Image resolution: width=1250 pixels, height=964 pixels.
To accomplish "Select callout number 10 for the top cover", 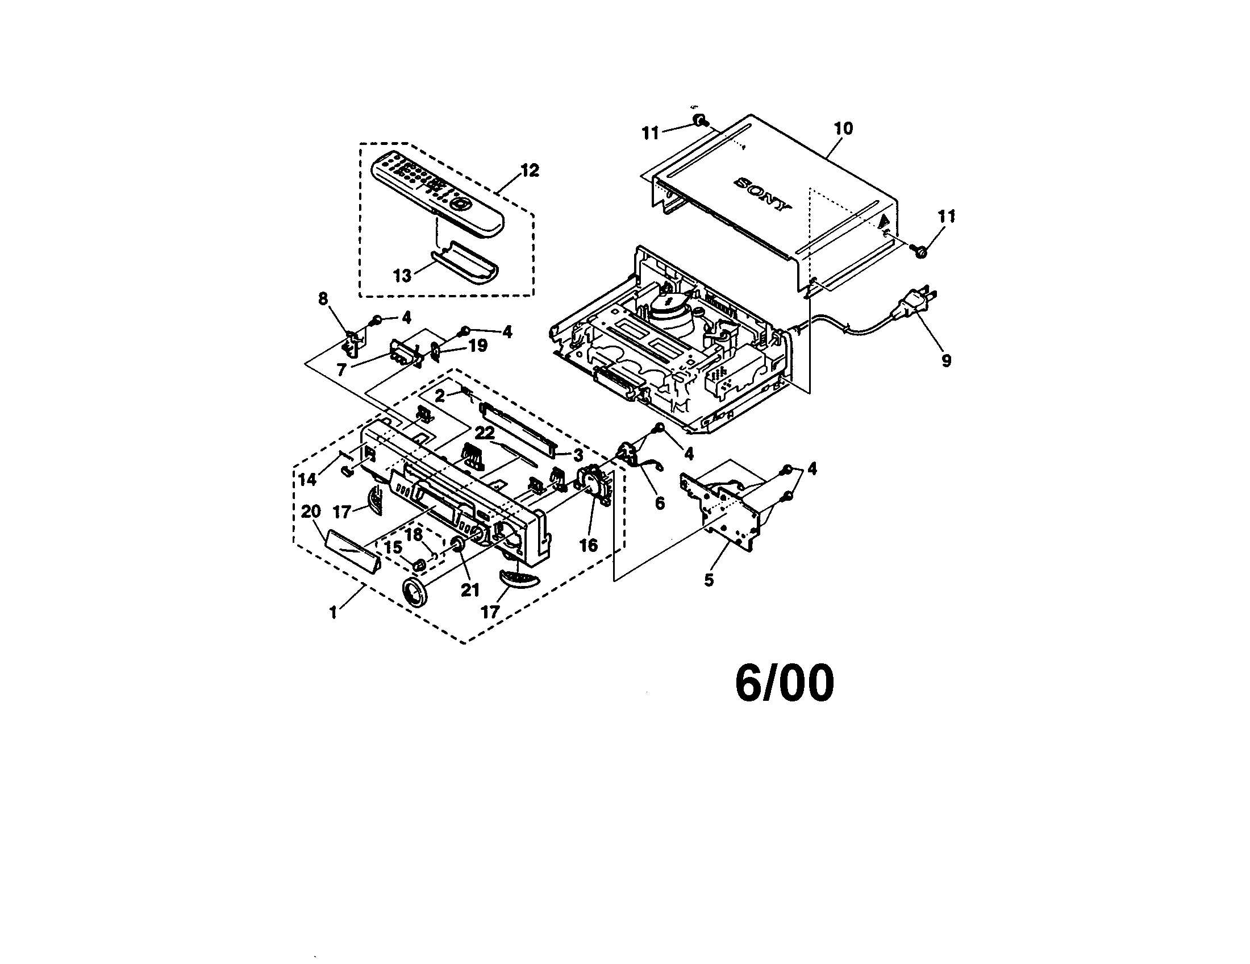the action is [843, 128].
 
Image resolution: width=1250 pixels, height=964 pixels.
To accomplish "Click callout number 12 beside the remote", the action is [530, 170].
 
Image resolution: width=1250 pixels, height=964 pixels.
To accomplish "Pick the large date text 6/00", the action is [785, 684].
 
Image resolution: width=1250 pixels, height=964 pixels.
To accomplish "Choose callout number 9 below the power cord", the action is [946, 360].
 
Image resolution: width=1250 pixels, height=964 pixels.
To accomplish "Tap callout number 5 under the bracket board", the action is [709, 580].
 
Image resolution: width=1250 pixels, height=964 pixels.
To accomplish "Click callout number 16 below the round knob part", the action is [589, 546].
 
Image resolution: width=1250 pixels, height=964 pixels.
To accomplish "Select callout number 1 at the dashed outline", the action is [333, 612].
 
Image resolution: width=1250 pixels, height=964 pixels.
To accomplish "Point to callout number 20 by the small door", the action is [311, 511].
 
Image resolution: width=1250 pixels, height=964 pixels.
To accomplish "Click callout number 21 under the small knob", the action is [470, 589].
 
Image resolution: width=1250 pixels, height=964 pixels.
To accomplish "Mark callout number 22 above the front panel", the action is [485, 432].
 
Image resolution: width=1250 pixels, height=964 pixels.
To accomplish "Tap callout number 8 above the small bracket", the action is [323, 298].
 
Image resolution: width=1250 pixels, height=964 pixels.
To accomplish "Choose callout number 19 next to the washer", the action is [478, 346].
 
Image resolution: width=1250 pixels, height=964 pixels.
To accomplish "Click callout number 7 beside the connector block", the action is [341, 370].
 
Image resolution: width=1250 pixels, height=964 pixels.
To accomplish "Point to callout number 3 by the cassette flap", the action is [578, 456].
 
